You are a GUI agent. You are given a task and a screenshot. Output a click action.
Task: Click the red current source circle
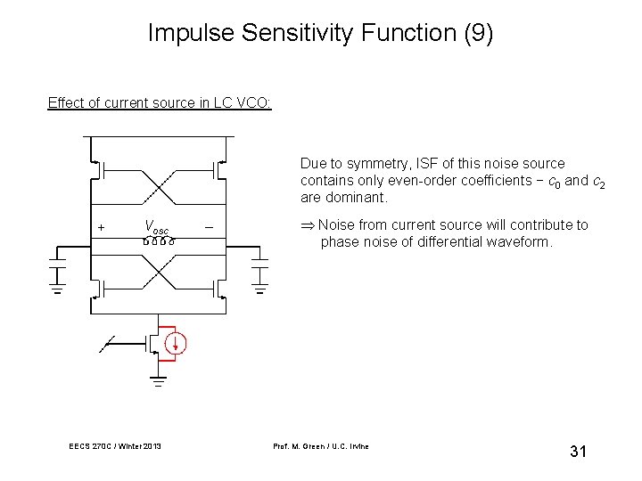point(177,341)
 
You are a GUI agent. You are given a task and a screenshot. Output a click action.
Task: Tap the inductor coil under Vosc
point(157,240)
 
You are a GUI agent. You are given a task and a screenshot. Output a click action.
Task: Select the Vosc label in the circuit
point(157,227)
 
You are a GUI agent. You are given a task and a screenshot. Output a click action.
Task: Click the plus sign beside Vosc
point(101,228)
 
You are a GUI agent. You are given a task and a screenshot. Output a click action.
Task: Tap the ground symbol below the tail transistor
point(157,382)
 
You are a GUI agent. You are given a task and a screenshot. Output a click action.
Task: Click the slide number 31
point(577,452)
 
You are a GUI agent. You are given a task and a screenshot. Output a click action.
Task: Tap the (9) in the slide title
point(474,34)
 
